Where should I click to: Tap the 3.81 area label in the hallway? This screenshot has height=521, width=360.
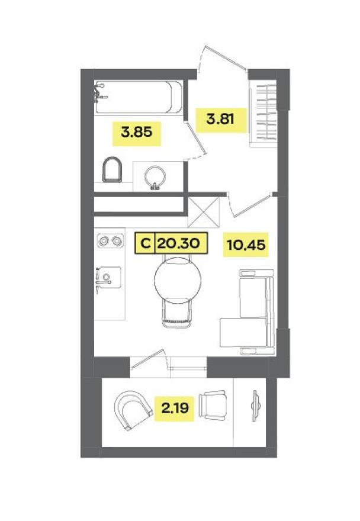[220, 118]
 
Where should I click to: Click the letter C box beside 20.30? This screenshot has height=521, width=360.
[144, 242]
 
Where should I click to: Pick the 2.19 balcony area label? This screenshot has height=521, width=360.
[174, 407]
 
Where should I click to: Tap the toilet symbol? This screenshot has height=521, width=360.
[111, 170]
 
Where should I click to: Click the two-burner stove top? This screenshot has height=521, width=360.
[110, 241]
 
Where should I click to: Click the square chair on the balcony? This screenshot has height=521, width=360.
[213, 405]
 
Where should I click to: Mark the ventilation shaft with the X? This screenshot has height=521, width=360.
[203, 210]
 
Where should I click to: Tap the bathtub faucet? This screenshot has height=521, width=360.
[99, 92]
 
